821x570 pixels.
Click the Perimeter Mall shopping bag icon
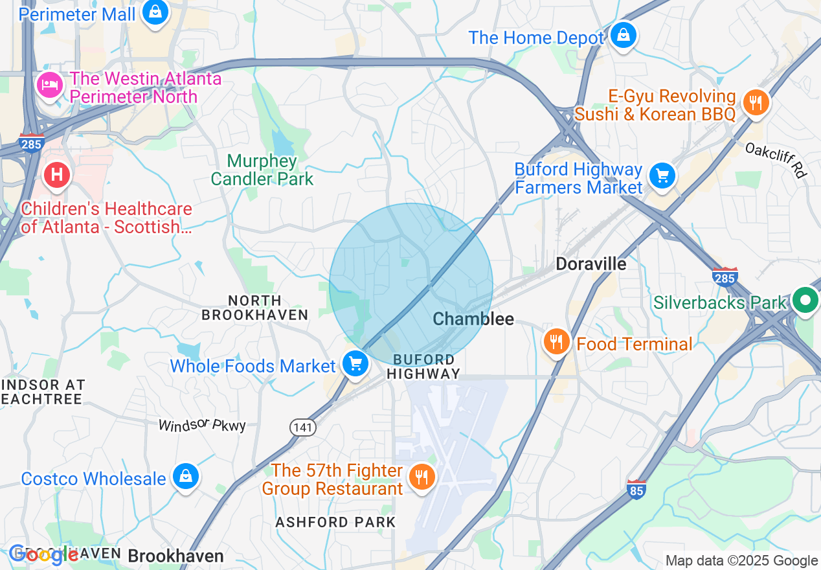click(155, 12)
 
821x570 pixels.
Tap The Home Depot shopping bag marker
click(623, 36)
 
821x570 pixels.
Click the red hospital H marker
click(57, 174)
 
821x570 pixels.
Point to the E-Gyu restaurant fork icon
click(755, 102)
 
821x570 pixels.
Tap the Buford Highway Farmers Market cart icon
click(662, 176)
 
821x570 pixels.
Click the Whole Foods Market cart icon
click(355, 363)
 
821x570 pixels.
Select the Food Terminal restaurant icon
click(556, 341)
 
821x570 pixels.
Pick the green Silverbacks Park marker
click(805, 301)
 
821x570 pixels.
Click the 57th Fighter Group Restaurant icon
click(422, 477)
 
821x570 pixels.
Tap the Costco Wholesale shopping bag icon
click(186, 477)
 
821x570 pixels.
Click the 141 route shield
click(302, 426)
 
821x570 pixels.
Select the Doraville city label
click(591, 264)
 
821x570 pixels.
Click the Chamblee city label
click(473, 318)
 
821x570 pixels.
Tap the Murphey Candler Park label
click(262, 170)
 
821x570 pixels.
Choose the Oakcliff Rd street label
click(775, 159)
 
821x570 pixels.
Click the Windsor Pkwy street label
click(202, 425)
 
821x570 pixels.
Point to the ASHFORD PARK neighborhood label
click(335, 522)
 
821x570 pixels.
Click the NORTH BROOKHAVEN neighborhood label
click(254, 308)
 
